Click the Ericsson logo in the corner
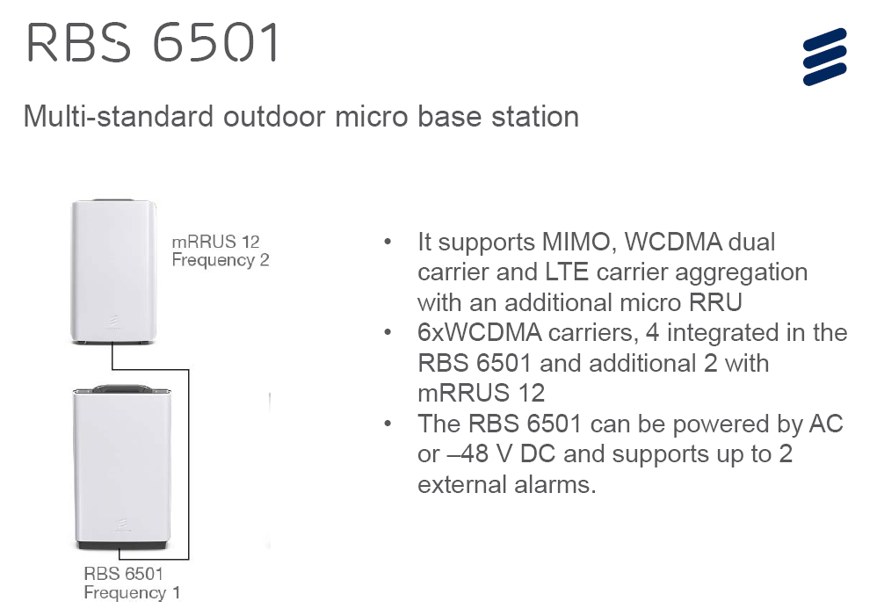click(824, 56)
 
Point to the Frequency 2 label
click(220, 260)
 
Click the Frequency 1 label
click(132, 593)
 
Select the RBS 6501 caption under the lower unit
click(124, 575)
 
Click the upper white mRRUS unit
click(114, 268)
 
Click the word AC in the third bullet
click(824, 424)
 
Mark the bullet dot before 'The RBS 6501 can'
click(388, 424)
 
